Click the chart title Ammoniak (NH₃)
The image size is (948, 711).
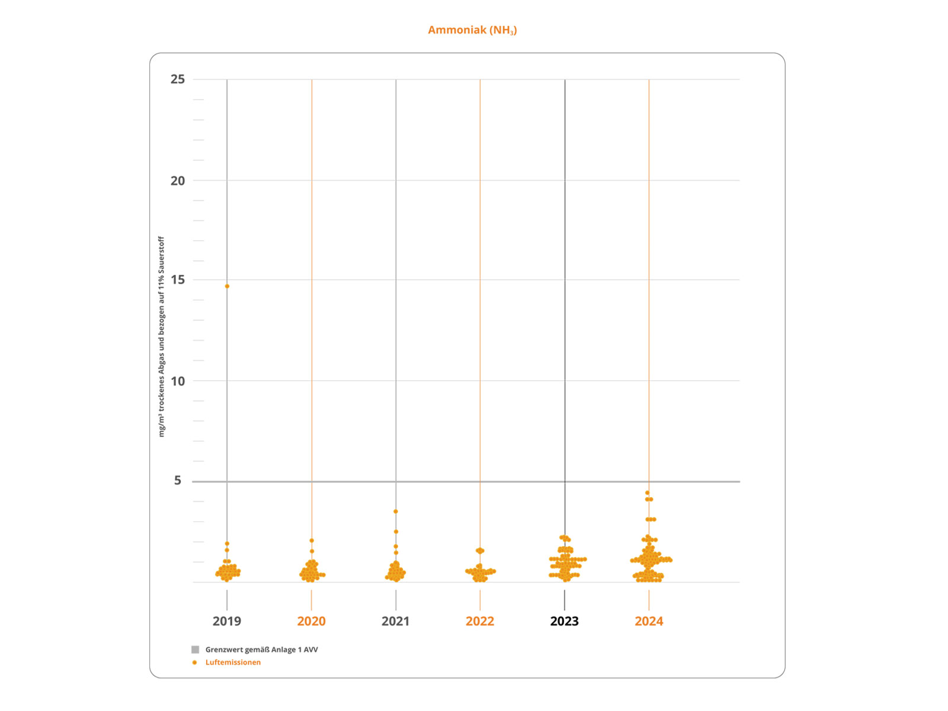pyautogui.click(x=472, y=30)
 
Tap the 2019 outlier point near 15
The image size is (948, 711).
pyautogui.click(x=227, y=286)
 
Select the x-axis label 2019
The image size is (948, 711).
pyautogui.click(x=227, y=621)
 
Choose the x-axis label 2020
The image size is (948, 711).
pyautogui.click(x=311, y=621)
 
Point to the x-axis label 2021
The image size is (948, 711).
pyautogui.click(x=395, y=621)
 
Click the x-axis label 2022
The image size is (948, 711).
pyautogui.click(x=480, y=621)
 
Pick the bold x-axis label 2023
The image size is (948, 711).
pyautogui.click(x=564, y=621)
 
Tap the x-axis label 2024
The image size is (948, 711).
pyautogui.click(x=649, y=621)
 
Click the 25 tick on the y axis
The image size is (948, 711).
pyautogui.click(x=178, y=79)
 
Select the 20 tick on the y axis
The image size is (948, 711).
pyautogui.click(x=178, y=181)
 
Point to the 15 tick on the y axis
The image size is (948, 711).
pyautogui.click(x=178, y=280)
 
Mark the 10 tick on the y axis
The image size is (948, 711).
pyautogui.click(x=178, y=381)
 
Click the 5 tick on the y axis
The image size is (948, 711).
pyautogui.click(x=178, y=481)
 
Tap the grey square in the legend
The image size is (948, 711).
pyautogui.click(x=195, y=649)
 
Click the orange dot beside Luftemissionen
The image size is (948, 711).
pyautogui.click(x=194, y=662)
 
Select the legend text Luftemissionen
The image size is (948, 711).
pyautogui.click(x=233, y=662)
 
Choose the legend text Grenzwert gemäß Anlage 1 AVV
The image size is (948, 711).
pyautogui.click(x=261, y=649)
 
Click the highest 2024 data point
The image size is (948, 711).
pyautogui.click(x=647, y=493)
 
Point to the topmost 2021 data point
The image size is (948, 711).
pyautogui.click(x=396, y=511)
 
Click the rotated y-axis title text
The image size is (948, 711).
pyautogui.click(x=161, y=337)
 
